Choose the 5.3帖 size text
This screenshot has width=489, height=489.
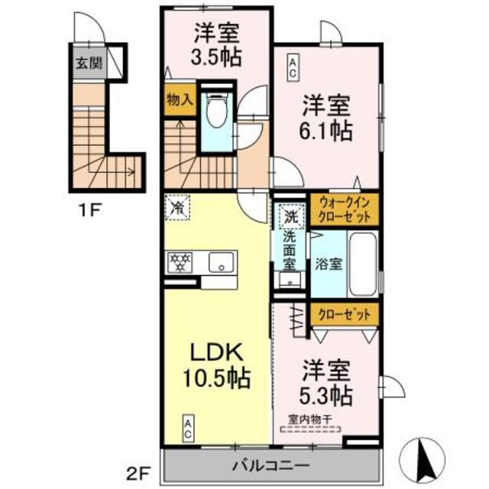[x=325, y=395]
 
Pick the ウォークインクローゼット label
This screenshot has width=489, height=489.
[x=343, y=210]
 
